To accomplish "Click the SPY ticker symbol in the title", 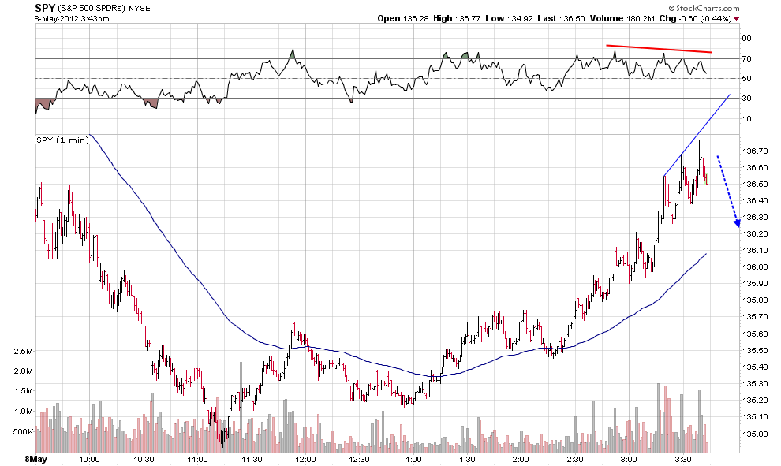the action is pos(45,8).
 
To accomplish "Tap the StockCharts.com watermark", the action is pos(704,8).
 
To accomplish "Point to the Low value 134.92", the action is pos(520,18).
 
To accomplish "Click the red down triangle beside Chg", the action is pos(737,19).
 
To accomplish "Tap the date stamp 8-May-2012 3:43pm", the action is pos(72,19).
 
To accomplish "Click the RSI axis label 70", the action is pos(746,59).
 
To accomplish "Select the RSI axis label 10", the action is pos(746,118).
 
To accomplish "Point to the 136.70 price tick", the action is pos(755,151).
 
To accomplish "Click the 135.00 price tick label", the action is pos(755,434).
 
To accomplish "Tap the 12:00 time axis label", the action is pos(305,459).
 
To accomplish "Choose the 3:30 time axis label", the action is pos(683,459).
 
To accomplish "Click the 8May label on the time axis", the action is pos(35,459).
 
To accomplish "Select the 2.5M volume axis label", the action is pos(24,351).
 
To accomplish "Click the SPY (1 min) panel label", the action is pos(63,140).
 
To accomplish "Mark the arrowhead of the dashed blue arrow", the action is pos(737,224).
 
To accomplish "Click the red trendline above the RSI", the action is pos(659,49).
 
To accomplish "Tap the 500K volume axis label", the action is pos(23,431).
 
